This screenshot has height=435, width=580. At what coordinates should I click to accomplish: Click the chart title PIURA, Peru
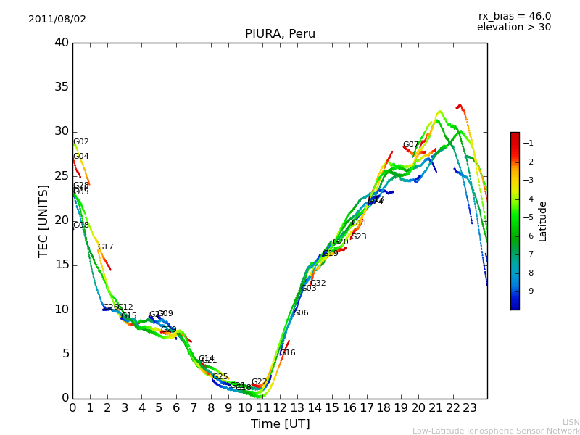click(x=280, y=34)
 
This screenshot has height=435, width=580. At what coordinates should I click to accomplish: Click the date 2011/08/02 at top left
click(x=57, y=20)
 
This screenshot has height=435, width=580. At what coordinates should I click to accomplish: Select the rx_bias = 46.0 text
click(x=514, y=17)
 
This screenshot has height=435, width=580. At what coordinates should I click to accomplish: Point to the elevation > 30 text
click(x=513, y=28)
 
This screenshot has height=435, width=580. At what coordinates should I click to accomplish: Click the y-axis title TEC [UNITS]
click(x=44, y=220)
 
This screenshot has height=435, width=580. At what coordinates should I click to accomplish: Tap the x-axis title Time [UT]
click(x=280, y=424)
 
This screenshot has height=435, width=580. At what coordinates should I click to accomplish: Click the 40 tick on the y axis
click(x=62, y=43)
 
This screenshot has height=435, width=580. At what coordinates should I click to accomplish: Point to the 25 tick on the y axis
click(x=62, y=176)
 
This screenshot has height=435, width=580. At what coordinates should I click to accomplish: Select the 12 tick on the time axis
click(x=281, y=407)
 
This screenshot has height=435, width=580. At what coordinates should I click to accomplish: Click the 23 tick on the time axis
click(x=470, y=407)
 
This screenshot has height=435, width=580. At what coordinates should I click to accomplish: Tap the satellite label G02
click(x=81, y=142)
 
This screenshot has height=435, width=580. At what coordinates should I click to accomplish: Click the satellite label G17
click(x=106, y=247)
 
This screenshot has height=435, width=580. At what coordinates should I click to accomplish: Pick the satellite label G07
click(x=411, y=145)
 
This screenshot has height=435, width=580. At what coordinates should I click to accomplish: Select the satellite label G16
click(x=288, y=353)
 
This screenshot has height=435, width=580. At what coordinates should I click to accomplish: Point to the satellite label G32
click(x=318, y=283)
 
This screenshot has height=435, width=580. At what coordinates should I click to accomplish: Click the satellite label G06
click(x=301, y=313)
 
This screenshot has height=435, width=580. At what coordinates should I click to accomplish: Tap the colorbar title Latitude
click(x=543, y=221)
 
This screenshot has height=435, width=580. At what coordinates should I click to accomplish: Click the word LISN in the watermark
click(x=571, y=422)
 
